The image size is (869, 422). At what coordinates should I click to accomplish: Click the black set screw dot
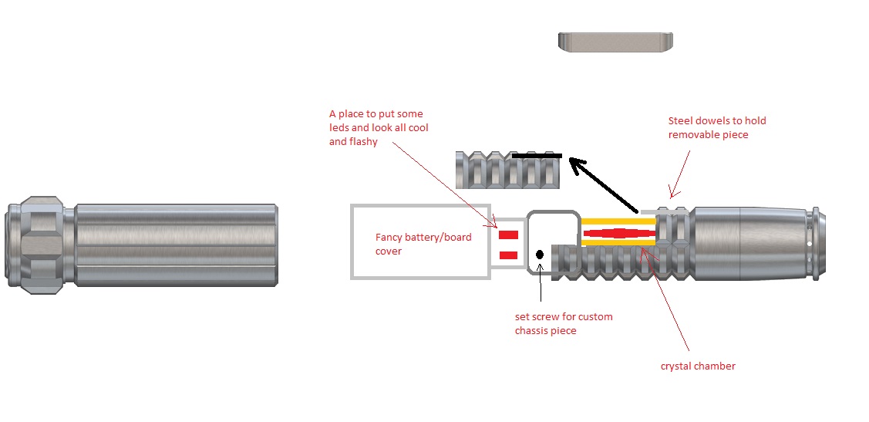[540, 255]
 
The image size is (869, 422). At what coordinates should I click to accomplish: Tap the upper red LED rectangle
[508, 235]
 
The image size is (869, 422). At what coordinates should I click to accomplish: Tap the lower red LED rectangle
[508, 255]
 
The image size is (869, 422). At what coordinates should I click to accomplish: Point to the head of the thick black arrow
[574, 163]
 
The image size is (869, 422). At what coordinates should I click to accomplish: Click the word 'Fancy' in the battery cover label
[392, 238]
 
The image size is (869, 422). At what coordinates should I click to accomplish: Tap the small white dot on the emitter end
[809, 244]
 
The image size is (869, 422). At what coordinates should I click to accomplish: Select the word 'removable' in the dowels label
[694, 134]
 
